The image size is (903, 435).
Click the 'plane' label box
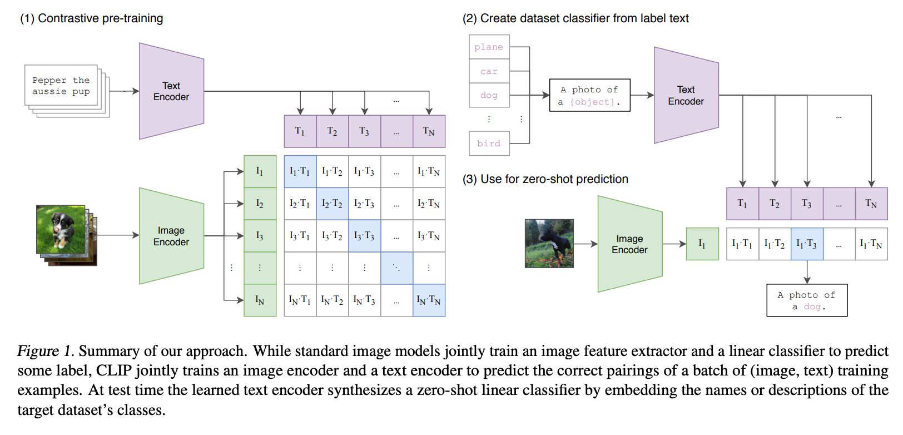coord(489,47)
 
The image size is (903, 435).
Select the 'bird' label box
coord(489,144)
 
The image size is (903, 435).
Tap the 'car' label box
coord(489,71)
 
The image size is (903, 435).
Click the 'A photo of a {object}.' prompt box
coord(589,95)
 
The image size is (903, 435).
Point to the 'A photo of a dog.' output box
coord(806,300)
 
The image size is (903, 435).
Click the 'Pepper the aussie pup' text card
coord(61,86)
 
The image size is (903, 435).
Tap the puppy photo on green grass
coord(61,229)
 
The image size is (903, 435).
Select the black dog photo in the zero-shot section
coord(549,243)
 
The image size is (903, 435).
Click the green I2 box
coord(260,204)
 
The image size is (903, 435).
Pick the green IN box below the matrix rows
coord(260,300)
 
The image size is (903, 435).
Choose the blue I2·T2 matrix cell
coord(332,204)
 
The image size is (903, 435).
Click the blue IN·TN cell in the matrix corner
coord(429,300)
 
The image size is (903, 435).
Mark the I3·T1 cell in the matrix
coord(300,236)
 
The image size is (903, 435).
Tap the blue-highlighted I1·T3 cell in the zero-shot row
coord(806,244)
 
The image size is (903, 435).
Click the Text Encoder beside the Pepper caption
coord(171,91)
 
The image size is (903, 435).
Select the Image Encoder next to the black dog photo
coord(629,244)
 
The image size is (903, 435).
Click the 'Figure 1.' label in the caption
coord(46,352)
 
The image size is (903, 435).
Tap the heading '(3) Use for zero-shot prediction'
coord(545,179)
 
